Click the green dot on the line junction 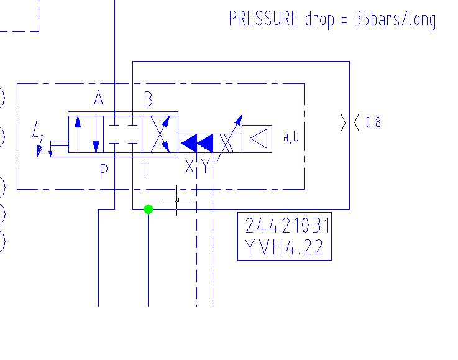click(x=148, y=210)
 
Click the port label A click(x=98, y=99)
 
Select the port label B click(x=148, y=99)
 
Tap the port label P click(x=103, y=171)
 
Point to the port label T click(x=145, y=171)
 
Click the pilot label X click(x=189, y=167)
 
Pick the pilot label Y click(x=204, y=167)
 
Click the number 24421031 click(x=285, y=225)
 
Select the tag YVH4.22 click(x=285, y=248)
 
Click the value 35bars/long click(x=395, y=19)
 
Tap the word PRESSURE click(x=263, y=19)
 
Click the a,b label click(x=291, y=136)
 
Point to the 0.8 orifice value click(x=373, y=122)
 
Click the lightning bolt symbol click(x=39, y=137)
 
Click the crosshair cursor click(x=177, y=200)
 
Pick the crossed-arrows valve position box click(x=160, y=134)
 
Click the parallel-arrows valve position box click(x=86, y=134)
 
